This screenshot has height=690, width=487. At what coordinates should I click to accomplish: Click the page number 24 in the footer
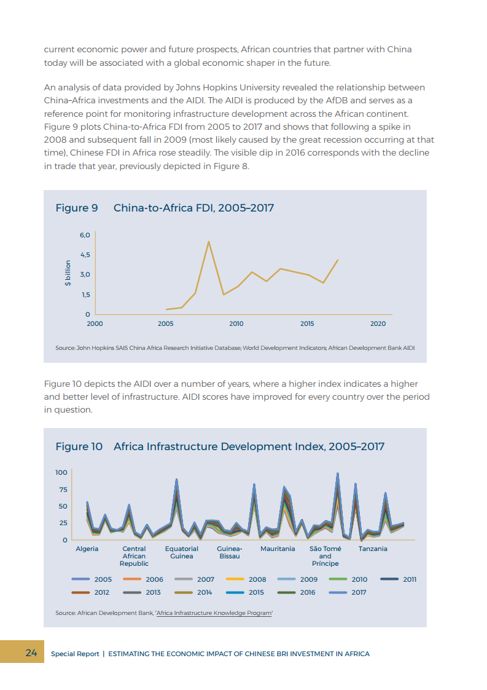[x=31, y=652]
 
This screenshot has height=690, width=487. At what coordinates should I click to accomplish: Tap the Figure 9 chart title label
[x=77, y=208]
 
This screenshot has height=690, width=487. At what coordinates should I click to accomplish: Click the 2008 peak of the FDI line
[x=209, y=241]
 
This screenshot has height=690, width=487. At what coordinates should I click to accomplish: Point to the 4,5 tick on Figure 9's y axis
[x=85, y=255]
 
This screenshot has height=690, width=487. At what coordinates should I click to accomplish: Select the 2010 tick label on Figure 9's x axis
[x=236, y=323]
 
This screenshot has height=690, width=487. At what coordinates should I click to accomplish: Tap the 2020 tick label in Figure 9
[x=378, y=323]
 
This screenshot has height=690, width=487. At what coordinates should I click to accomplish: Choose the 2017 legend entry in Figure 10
[x=359, y=592]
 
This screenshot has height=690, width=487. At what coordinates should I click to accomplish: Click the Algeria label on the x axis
[x=87, y=549]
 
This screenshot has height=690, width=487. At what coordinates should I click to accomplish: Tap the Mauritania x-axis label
[x=278, y=549]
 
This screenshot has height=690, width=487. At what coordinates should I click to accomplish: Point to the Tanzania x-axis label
[x=373, y=549]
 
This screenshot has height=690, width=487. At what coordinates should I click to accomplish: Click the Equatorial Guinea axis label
[x=182, y=552]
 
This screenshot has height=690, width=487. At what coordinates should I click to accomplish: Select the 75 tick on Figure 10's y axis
[x=62, y=490]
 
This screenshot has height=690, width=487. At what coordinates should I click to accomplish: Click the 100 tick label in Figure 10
[x=61, y=472]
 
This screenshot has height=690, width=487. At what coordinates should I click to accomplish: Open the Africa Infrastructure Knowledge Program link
[x=214, y=613]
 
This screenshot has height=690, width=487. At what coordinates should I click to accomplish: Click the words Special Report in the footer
[x=75, y=654]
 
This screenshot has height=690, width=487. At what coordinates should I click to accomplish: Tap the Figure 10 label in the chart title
[x=79, y=446]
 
